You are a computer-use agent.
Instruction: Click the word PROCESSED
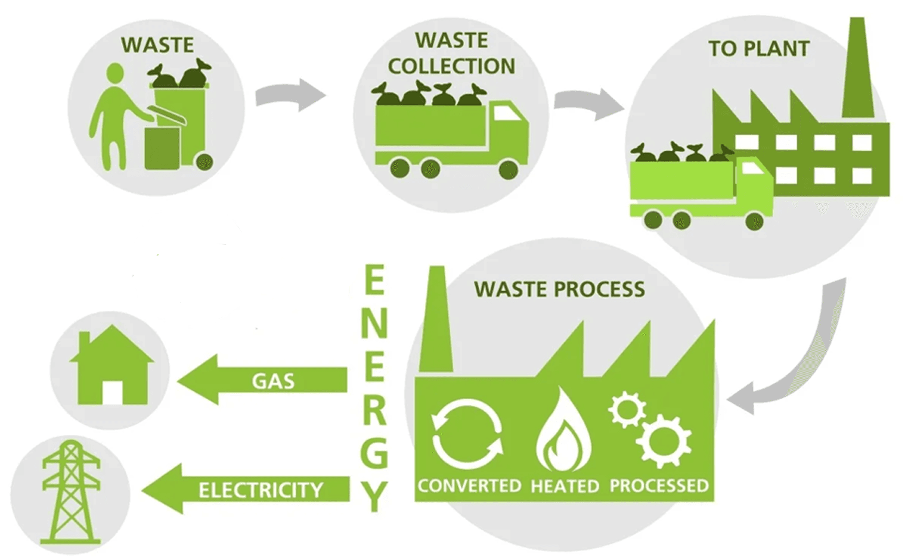pyautogui.click(x=659, y=486)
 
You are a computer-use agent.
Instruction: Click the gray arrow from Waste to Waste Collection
pyautogui.click(x=291, y=95)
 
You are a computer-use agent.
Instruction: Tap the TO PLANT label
pyautogui.click(x=758, y=49)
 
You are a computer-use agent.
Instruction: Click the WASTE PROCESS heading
pyautogui.click(x=559, y=290)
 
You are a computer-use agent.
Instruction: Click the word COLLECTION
pyautogui.click(x=451, y=66)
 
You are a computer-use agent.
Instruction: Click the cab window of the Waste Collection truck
pyautogui.click(x=506, y=113)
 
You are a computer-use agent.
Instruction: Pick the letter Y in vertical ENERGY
pyautogui.click(x=374, y=496)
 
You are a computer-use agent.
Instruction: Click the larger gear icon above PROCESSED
pyautogui.click(x=663, y=441)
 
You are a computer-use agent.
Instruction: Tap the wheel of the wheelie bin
pyautogui.click(x=204, y=161)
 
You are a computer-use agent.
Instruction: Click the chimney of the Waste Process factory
pyautogui.click(x=436, y=322)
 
